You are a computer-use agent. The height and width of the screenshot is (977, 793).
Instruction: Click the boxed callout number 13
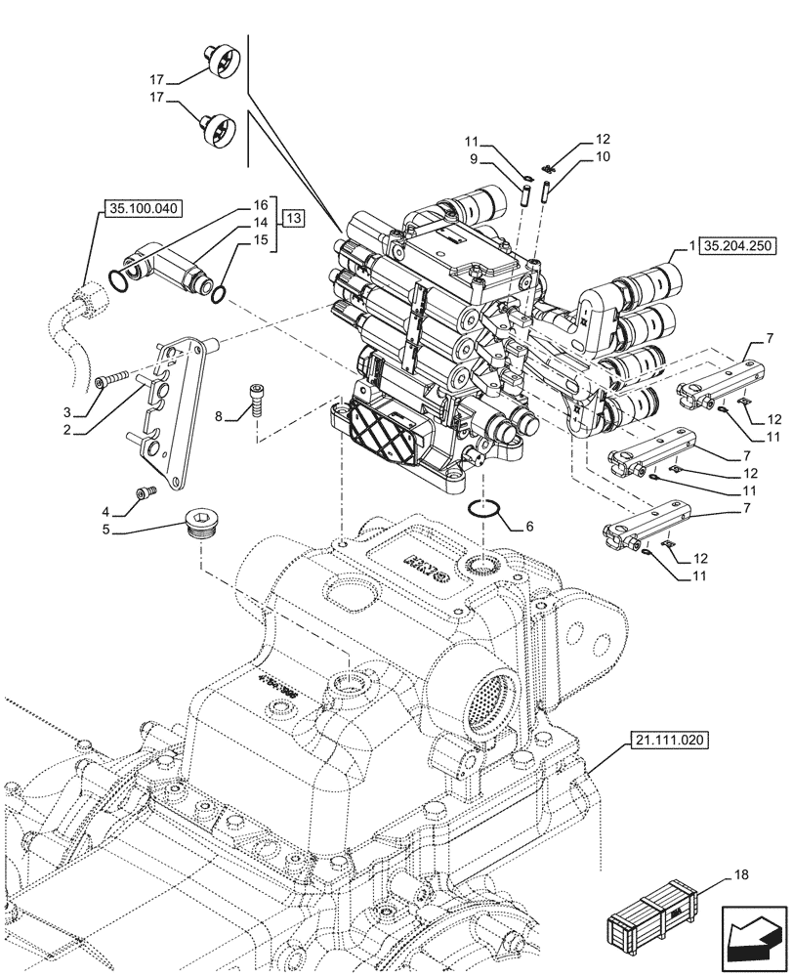pyautogui.click(x=294, y=220)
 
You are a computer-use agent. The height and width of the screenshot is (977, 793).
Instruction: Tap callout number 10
pyautogui.click(x=601, y=157)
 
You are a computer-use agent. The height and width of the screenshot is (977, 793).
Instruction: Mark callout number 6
pyautogui.click(x=529, y=526)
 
